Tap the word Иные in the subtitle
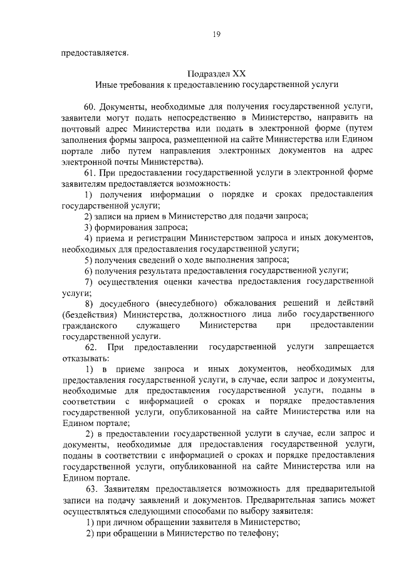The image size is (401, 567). tap(106, 83)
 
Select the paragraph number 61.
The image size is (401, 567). tap(89, 172)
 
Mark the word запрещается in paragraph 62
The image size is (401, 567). tap(350, 347)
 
